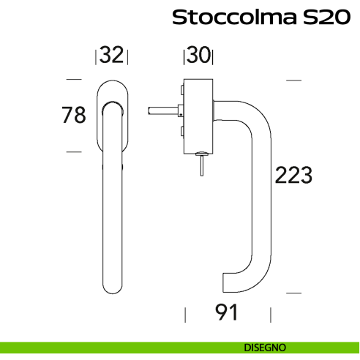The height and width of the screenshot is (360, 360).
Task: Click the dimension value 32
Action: (112, 56)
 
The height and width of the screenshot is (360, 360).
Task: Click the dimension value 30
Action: (198, 56)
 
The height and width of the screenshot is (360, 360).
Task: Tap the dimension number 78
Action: (74, 115)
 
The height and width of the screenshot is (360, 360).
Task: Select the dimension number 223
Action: (293, 176)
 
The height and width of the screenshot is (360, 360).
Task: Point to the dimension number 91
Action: (228, 313)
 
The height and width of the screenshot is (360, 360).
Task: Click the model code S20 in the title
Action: (321, 18)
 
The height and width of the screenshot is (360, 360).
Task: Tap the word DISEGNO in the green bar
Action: (266, 346)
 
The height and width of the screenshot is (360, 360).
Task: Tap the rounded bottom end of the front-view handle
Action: (112, 288)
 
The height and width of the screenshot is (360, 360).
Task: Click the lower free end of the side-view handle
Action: (225, 282)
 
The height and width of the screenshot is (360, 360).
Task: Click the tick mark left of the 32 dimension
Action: (97, 56)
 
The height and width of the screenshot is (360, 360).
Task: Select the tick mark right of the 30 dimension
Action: (214, 56)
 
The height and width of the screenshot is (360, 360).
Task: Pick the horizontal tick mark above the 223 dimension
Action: (293, 79)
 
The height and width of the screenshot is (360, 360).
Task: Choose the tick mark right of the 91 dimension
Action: (271, 315)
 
